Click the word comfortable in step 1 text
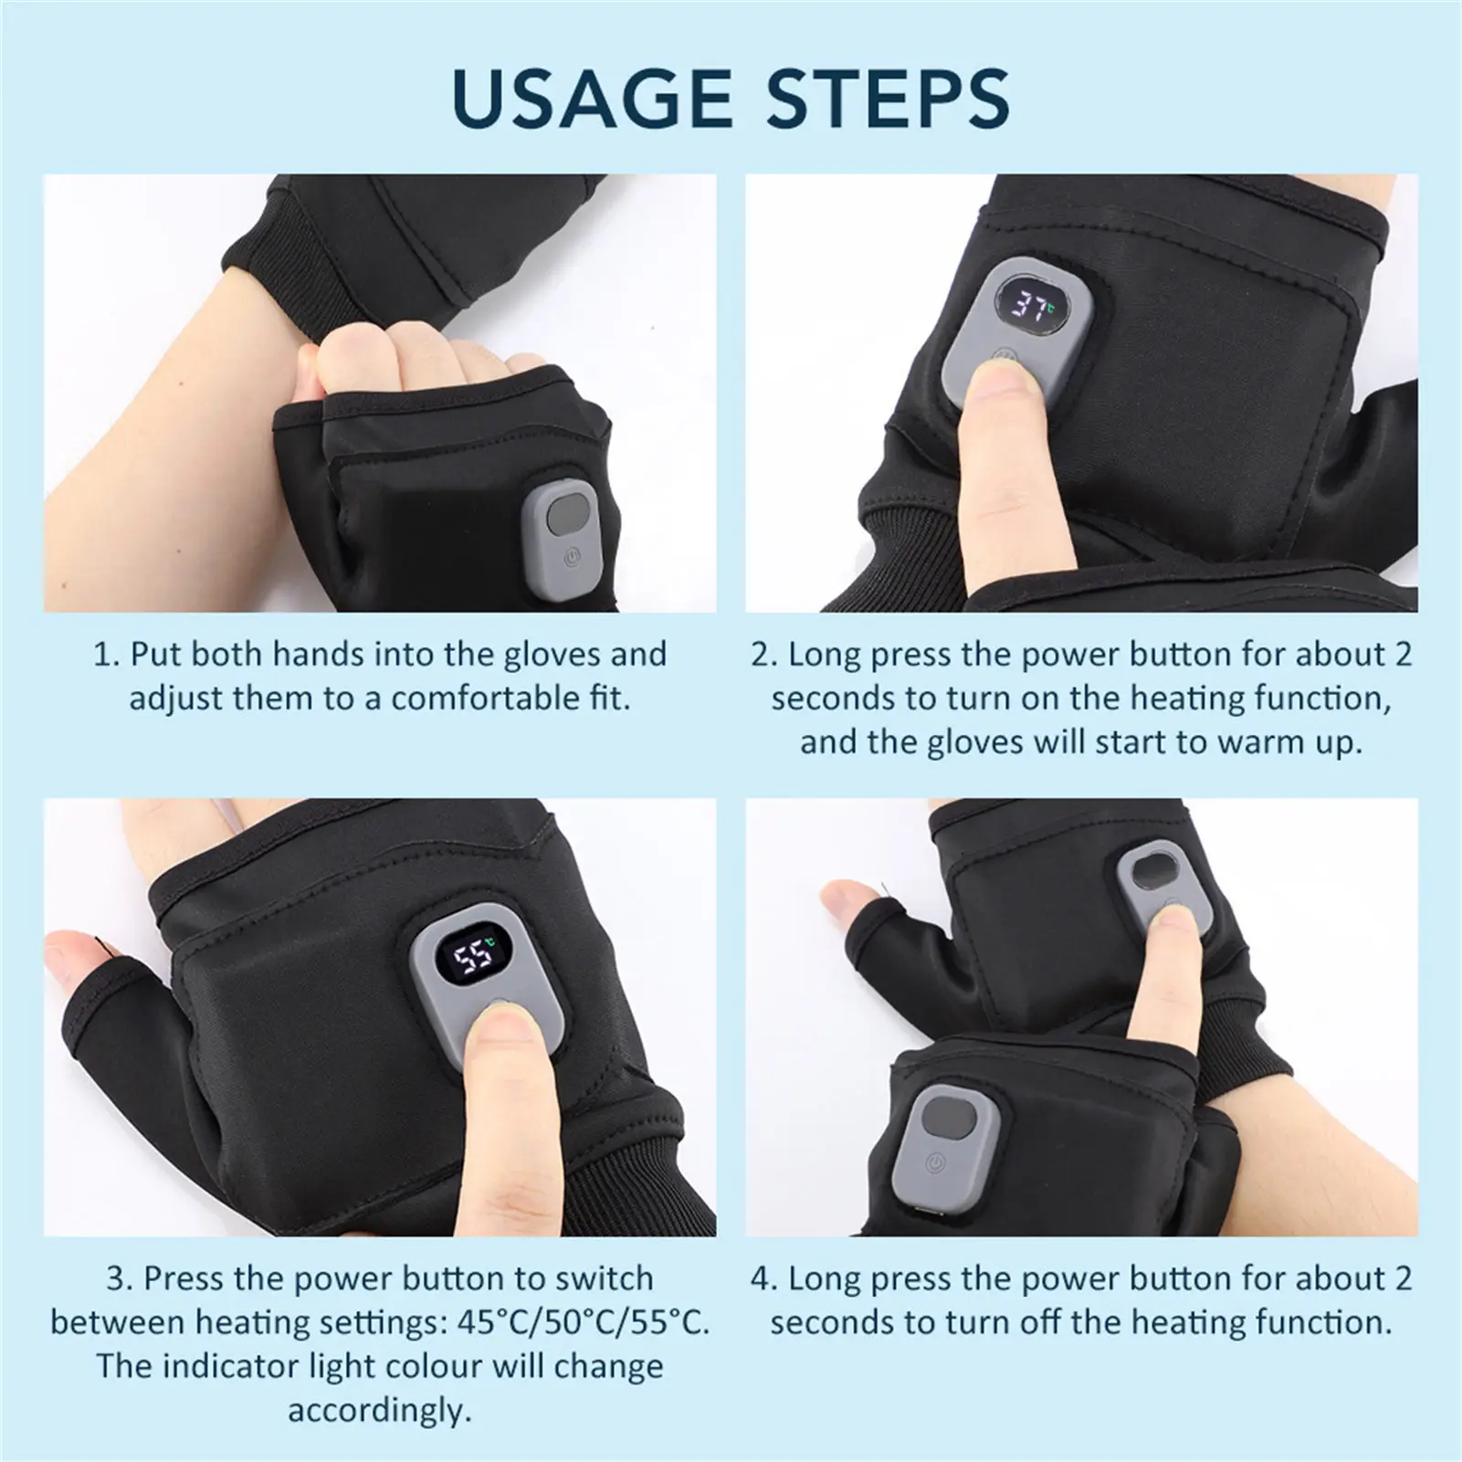coord(481,699)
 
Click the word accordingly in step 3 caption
coord(380,1410)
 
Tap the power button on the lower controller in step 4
coord(933,1162)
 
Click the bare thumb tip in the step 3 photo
coord(68,956)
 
